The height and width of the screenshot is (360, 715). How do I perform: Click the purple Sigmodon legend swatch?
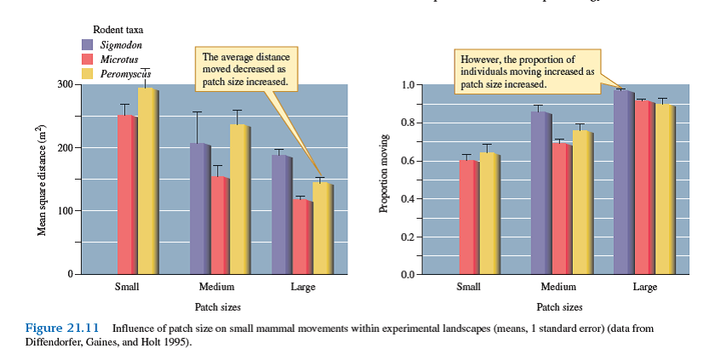87,44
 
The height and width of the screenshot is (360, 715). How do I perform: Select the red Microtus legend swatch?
87,59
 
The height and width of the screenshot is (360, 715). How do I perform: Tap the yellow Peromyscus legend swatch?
87,74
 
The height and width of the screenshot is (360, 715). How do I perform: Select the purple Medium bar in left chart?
199,209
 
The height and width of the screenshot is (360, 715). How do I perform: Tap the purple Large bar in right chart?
624,182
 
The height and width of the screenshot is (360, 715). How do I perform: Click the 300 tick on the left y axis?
65,84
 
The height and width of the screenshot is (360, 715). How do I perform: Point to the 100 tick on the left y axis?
65,211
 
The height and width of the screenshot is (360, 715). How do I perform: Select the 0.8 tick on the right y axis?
408,123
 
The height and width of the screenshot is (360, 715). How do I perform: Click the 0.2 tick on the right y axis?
408,237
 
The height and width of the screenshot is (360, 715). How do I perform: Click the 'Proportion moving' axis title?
384,180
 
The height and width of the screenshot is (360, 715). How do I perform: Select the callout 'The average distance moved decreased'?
247,70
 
